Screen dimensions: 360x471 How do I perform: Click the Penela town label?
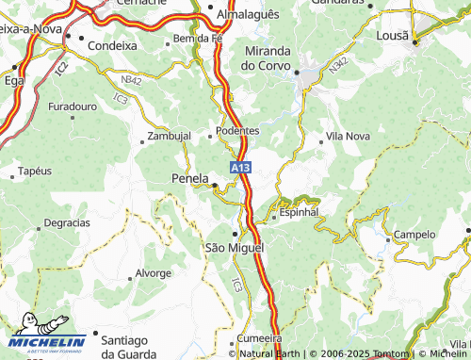(x=190, y=177)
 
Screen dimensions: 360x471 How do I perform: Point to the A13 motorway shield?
(x=241, y=168)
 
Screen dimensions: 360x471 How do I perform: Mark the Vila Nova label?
(x=348, y=136)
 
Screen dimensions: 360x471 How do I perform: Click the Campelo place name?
(x=414, y=235)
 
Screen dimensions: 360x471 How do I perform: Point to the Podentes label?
(x=237, y=130)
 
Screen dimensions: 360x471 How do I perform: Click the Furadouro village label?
(x=73, y=106)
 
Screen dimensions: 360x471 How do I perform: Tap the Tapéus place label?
(x=35, y=172)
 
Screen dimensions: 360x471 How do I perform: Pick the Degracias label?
(x=68, y=223)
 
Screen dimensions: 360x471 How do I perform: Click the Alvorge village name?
(x=154, y=273)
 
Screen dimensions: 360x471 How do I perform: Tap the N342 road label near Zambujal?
(x=132, y=82)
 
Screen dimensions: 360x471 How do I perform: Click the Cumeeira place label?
(x=260, y=337)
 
